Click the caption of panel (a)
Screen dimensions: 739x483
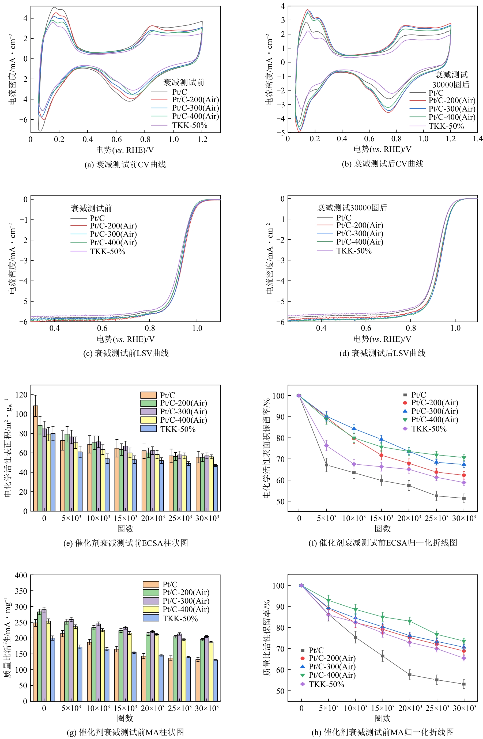click(125, 164)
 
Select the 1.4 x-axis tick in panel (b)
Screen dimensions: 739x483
click(478, 138)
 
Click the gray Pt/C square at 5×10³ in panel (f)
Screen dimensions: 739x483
click(326, 465)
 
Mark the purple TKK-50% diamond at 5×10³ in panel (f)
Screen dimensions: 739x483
click(326, 446)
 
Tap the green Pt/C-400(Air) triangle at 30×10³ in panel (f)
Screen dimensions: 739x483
click(464, 458)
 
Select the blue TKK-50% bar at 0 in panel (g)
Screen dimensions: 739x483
click(53, 670)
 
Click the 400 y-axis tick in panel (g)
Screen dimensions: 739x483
click(21, 575)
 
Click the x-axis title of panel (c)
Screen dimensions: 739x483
click(126, 339)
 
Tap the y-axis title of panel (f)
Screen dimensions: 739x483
click(266, 448)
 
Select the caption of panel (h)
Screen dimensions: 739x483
click(383, 732)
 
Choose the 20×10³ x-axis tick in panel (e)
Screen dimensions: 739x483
click(153, 518)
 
